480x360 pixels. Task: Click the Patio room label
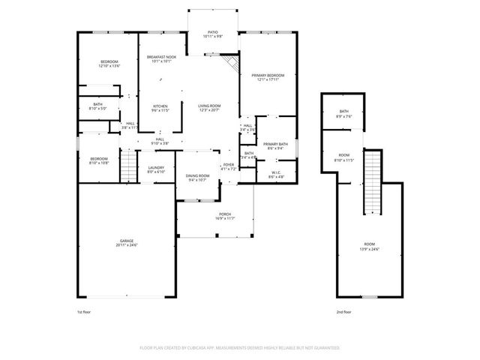coord(213,34)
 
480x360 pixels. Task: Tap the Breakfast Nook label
coord(161,59)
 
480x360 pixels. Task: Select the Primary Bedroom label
coord(267,77)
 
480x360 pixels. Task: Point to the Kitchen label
coord(160,108)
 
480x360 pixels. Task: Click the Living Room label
coord(209,108)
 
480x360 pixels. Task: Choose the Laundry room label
coord(156,169)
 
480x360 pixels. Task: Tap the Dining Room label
coord(198,177)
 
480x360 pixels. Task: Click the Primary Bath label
coord(275,145)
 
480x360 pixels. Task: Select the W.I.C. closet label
coord(275,175)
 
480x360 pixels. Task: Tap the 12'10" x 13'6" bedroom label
coord(109,64)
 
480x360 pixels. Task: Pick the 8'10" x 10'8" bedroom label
coord(99,160)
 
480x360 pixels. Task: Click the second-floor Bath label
coord(344,114)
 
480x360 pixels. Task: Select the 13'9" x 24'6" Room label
coord(370,246)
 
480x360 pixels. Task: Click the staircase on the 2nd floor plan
coord(372,182)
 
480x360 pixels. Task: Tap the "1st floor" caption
coord(84,311)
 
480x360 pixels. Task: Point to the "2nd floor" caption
coord(344,311)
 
